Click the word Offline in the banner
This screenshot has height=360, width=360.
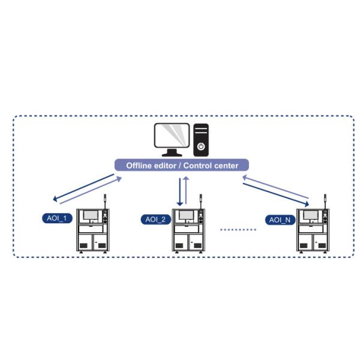pos(140,166)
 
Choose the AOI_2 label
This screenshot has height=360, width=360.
pos(155,219)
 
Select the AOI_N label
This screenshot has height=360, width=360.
pos(280,220)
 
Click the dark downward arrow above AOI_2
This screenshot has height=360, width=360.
pos(179,191)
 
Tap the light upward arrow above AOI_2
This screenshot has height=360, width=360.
pos(187,191)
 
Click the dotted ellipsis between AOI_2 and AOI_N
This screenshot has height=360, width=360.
pos(239,229)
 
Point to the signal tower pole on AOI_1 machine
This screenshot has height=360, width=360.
pos(105,203)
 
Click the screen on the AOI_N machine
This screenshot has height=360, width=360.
pos(310,215)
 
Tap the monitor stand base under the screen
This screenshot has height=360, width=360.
pos(172,155)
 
